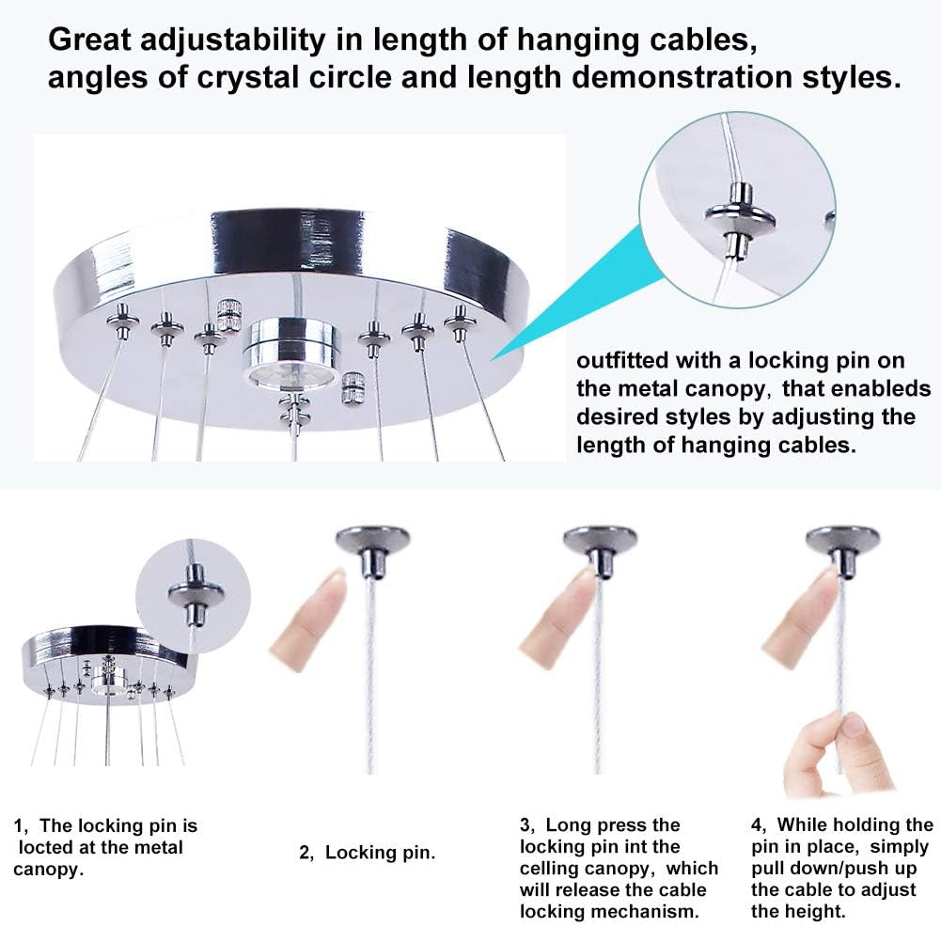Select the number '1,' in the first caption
pos(24,826)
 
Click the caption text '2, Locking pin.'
pos(367,853)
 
